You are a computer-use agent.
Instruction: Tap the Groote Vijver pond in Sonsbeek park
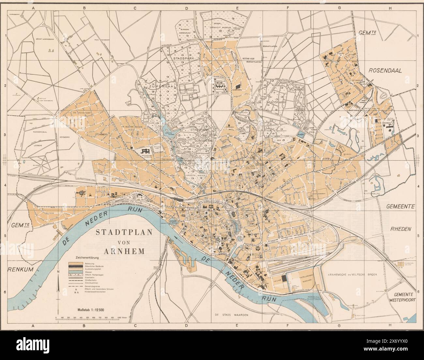(168, 128)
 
